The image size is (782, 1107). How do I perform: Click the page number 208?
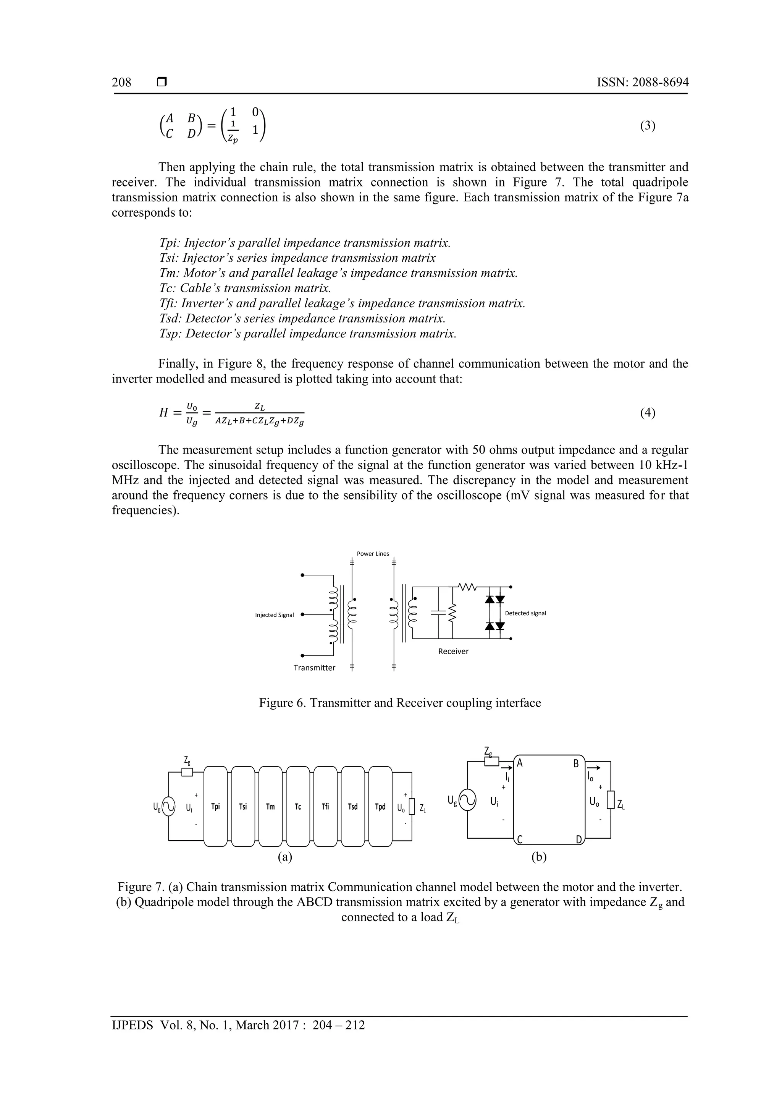pyautogui.click(x=121, y=83)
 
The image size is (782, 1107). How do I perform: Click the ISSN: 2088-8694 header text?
pyautogui.click(x=642, y=83)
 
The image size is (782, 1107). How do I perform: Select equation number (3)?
pyautogui.click(x=648, y=125)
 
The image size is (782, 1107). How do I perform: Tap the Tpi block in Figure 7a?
pyautogui.click(x=215, y=806)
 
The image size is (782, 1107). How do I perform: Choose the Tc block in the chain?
pyautogui.click(x=298, y=806)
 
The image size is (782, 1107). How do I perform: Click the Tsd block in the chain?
pyautogui.click(x=353, y=806)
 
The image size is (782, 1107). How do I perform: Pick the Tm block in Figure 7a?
pyautogui.click(x=270, y=806)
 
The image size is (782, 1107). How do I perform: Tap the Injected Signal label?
pyautogui.click(x=274, y=615)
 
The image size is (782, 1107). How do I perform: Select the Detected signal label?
pyautogui.click(x=525, y=613)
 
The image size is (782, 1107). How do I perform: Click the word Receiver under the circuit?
pyautogui.click(x=453, y=652)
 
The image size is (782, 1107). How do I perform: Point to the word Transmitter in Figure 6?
pyautogui.click(x=314, y=668)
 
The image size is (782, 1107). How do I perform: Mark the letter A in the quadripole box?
pyautogui.click(x=520, y=763)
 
